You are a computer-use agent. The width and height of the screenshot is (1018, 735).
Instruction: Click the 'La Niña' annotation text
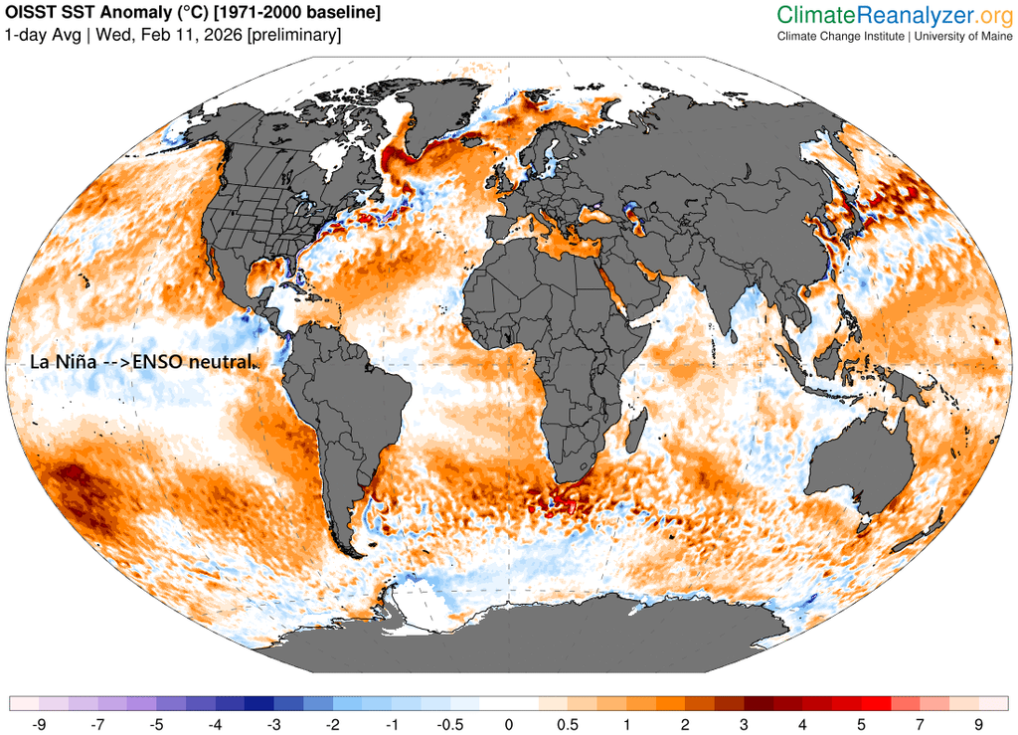click(x=63, y=362)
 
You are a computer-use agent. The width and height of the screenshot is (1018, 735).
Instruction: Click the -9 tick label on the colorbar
click(x=39, y=723)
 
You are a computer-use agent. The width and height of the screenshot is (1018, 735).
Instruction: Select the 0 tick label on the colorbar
click(x=508, y=723)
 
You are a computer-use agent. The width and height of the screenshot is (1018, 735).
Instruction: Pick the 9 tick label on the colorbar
click(x=978, y=723)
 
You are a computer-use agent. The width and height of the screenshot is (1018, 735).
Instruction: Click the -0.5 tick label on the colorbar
click(x=449, y=723)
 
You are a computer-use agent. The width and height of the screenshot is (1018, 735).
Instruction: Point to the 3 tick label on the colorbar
click(x=743, y=723)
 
